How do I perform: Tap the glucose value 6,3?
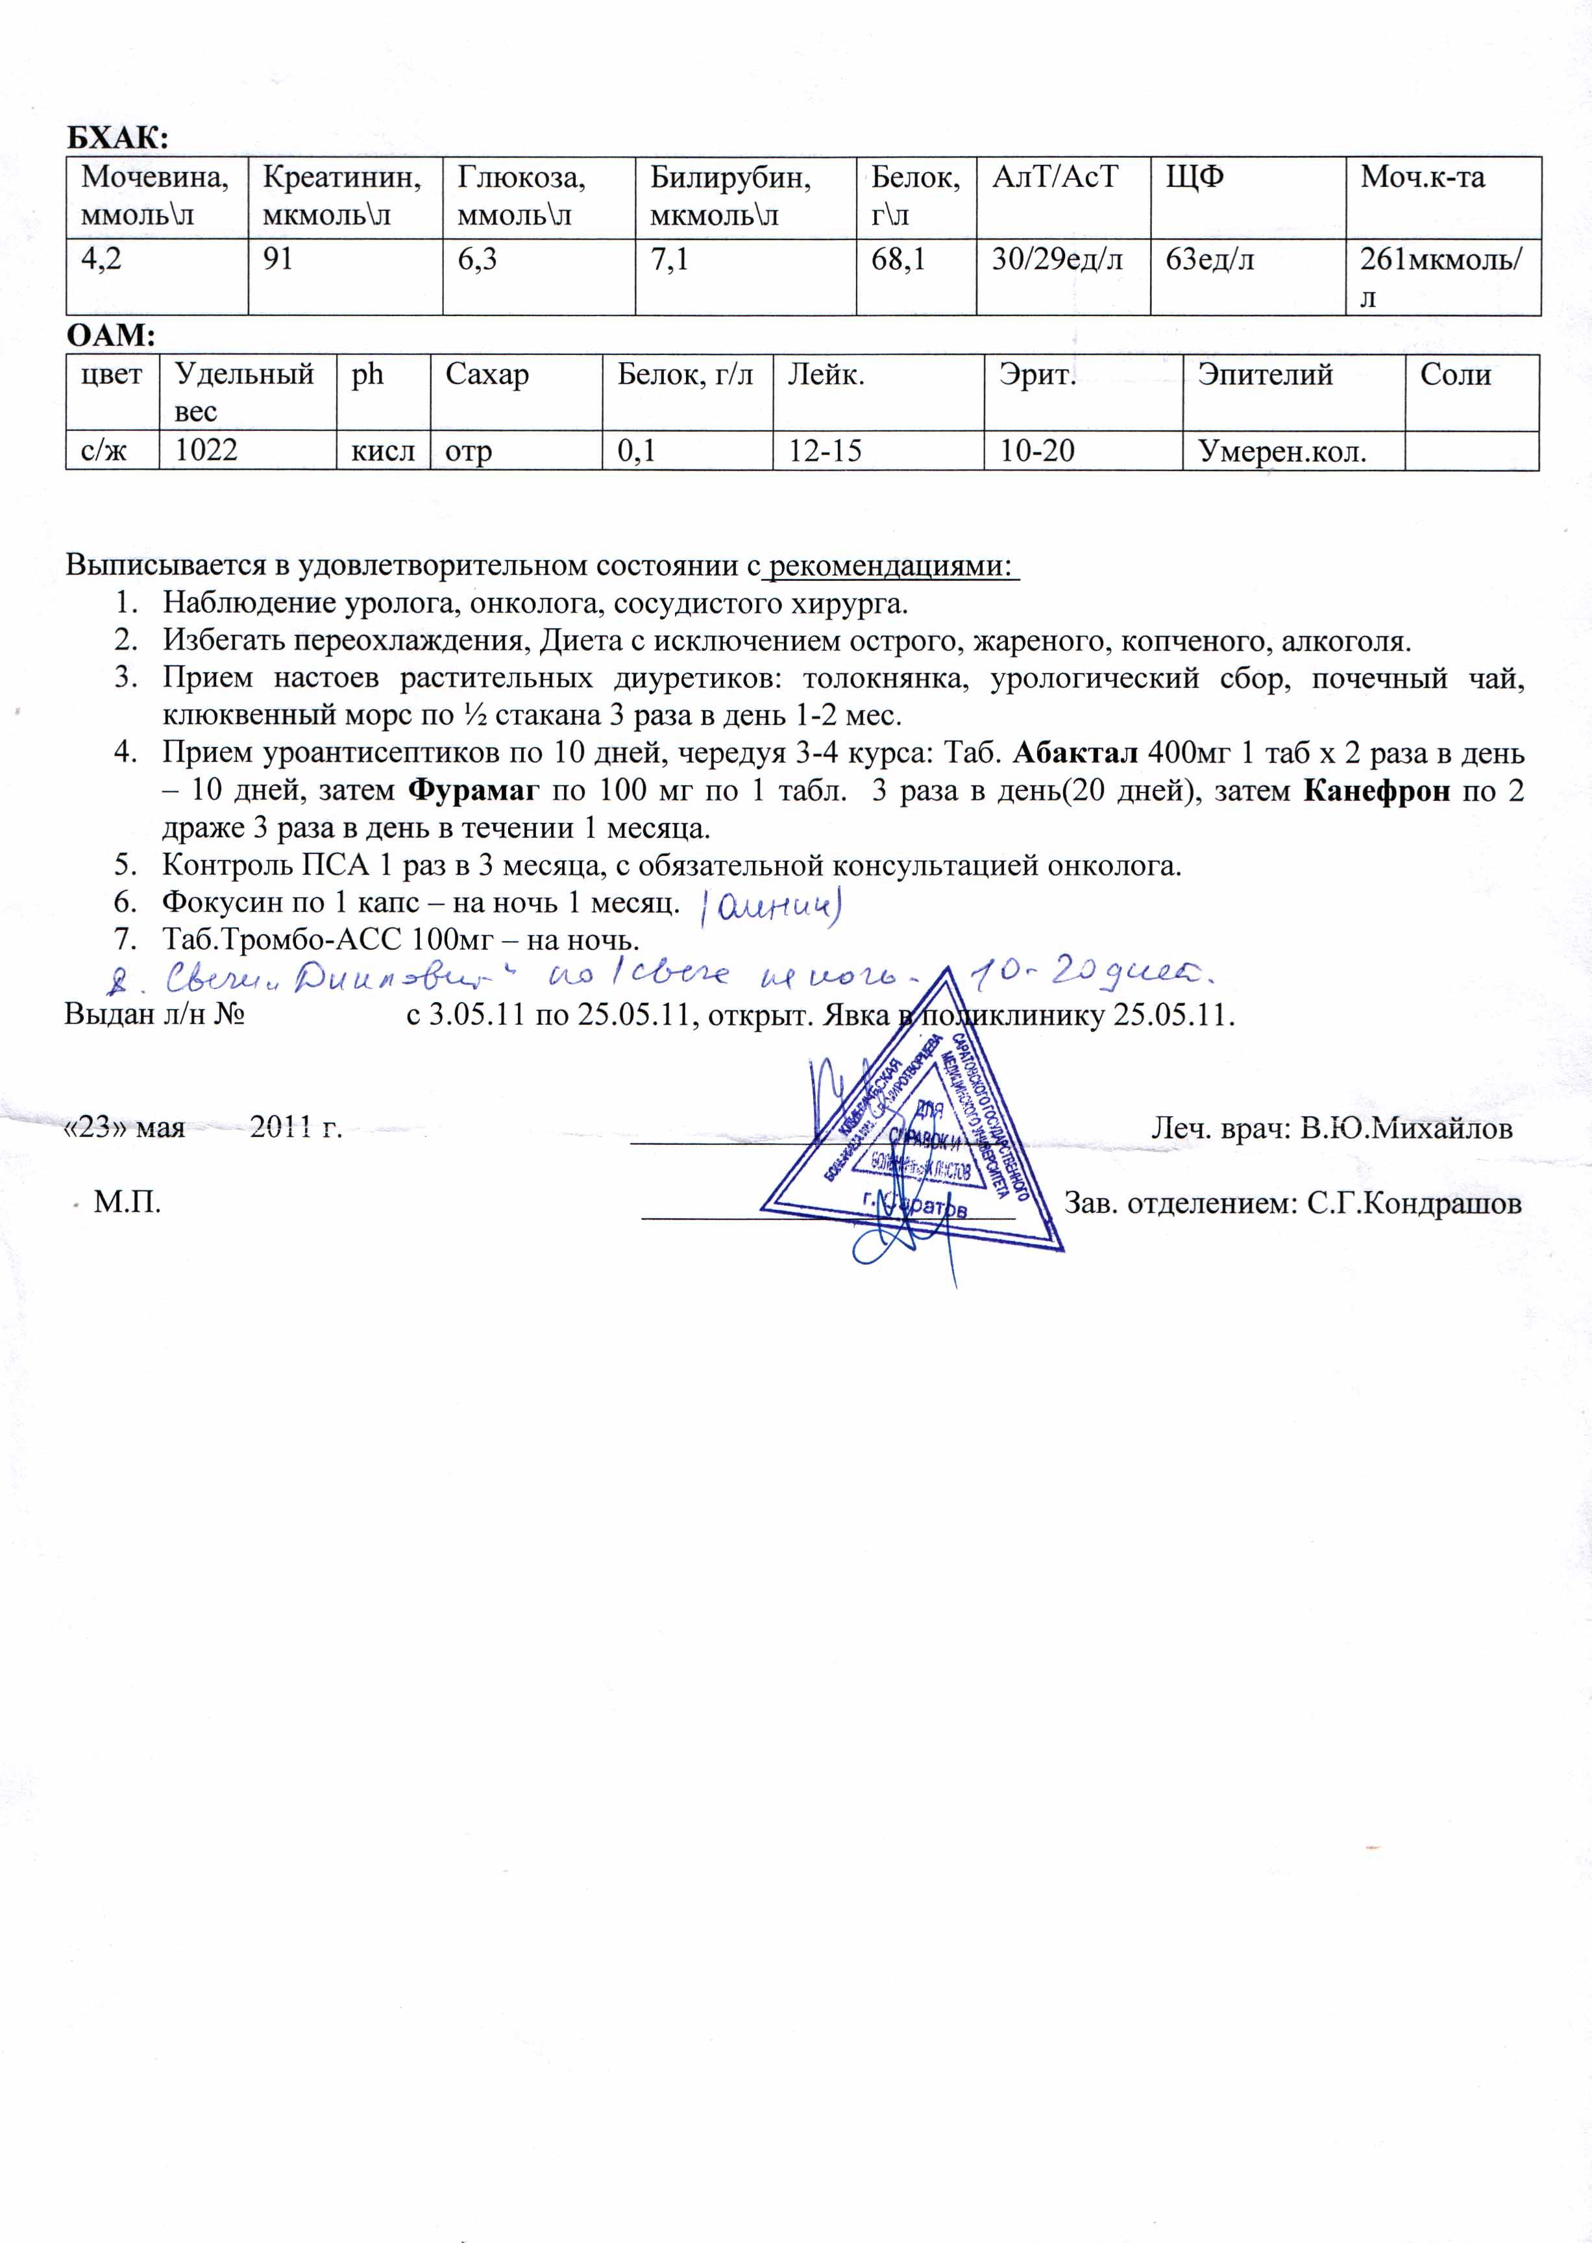(478, 260)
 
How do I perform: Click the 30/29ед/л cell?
(1057, 260)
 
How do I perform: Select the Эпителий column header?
(1265, 374)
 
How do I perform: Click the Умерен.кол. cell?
(1281, 452)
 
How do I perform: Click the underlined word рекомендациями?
(890, 566)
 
